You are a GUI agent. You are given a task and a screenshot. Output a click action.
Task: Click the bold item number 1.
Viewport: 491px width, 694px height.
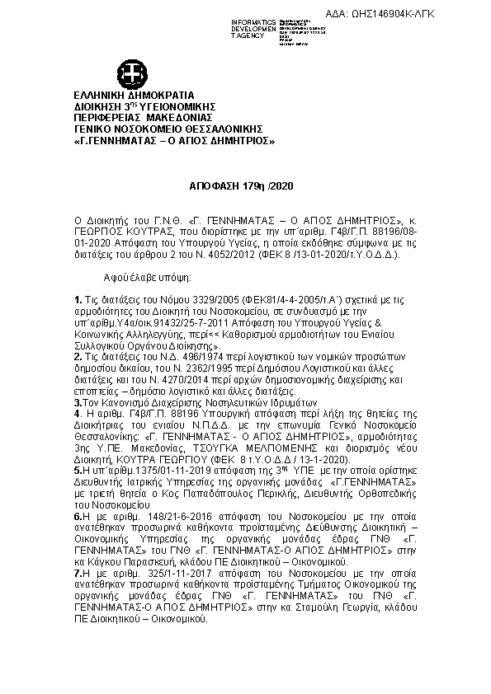78,298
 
